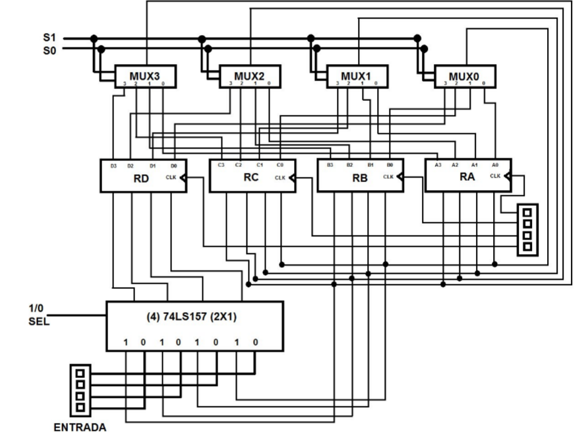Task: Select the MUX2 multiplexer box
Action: click(249, 76)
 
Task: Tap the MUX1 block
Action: click(357, 76)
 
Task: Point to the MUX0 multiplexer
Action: click(465, 77)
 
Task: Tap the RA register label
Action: click(467, 177)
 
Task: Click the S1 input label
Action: click(50, 38)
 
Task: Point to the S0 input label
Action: click(50, 49)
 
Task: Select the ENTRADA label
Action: click(80, 428)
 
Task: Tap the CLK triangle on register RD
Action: click(183, 177)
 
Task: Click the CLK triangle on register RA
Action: click(507, 176)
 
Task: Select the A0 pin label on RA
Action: click(496, 164)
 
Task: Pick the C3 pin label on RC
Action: click(221, 164)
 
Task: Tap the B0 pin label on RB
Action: click(390, 164)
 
